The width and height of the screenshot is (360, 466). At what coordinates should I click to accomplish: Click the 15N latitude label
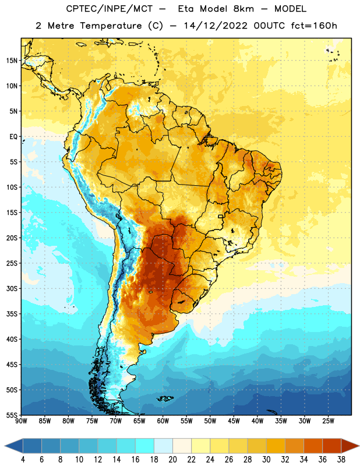coord(12,61)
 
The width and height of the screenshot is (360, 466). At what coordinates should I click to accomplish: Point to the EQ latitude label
coord(13,137)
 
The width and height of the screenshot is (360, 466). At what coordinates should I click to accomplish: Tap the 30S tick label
coord(12,288)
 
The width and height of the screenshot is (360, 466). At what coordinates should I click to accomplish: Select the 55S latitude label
coord(12,415)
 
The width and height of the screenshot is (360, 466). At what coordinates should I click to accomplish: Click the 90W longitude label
coord(21,421)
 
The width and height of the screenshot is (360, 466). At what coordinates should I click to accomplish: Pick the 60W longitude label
coord(163,421)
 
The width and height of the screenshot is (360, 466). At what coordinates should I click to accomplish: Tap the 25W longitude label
coord(328,421)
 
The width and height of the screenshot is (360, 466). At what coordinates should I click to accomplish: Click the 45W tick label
coord(234,421)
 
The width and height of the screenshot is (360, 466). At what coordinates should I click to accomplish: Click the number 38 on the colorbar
coord(341,460)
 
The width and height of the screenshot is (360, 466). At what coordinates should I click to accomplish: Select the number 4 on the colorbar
coord(23,460)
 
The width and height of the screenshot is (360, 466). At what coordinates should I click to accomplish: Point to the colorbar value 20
coord(172,460)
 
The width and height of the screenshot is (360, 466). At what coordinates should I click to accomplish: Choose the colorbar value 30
coord(266,460)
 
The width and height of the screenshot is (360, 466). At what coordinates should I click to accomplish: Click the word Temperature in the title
coord(111,26)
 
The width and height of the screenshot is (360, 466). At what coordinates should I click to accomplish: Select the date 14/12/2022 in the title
coord(216,26)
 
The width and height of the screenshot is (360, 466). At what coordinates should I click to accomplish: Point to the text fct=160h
coord(314,26)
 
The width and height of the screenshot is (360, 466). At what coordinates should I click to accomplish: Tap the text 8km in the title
coord(243,9)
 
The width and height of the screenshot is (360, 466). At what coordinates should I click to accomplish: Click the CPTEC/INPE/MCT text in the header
coord(110,9)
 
